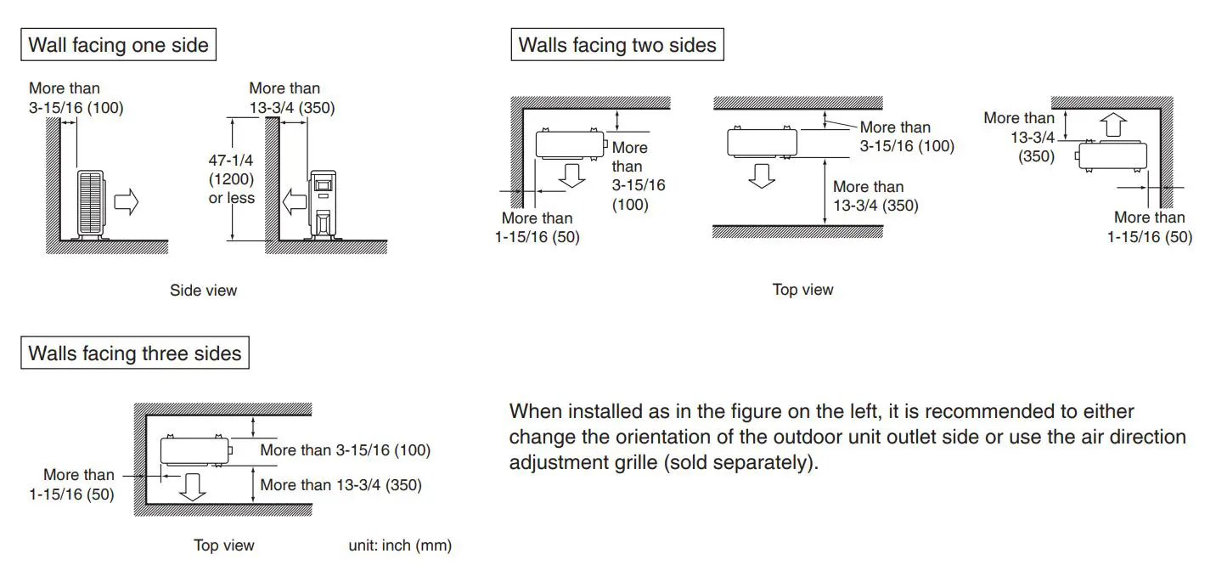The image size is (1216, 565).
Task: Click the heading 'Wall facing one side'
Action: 118,45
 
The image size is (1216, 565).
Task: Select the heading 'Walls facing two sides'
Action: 617,45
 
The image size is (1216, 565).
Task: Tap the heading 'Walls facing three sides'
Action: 135,353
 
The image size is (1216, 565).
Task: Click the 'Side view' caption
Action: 204,291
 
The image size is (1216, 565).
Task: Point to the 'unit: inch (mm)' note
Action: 400,545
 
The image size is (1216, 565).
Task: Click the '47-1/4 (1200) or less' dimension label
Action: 231,178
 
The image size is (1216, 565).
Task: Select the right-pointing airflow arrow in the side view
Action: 126,202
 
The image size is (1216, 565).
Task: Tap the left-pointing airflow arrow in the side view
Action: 294,202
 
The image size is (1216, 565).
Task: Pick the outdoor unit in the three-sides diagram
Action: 194,449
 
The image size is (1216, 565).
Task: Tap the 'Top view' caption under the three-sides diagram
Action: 224,545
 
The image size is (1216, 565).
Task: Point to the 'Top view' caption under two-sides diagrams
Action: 802,291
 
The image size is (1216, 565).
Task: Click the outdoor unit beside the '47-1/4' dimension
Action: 324,204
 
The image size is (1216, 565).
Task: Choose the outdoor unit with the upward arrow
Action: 1111,155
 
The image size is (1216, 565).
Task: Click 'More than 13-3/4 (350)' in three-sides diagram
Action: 341,485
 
